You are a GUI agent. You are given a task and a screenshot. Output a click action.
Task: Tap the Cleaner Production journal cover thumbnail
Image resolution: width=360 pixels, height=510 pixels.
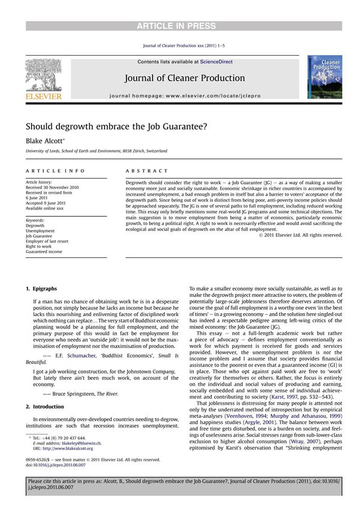[x=324, y=77]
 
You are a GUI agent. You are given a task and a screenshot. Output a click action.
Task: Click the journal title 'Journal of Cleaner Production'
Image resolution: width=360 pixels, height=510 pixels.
[x=184, y=78]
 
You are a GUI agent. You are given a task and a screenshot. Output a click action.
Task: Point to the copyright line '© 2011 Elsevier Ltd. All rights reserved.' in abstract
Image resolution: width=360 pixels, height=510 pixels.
[x=300, y=235]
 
